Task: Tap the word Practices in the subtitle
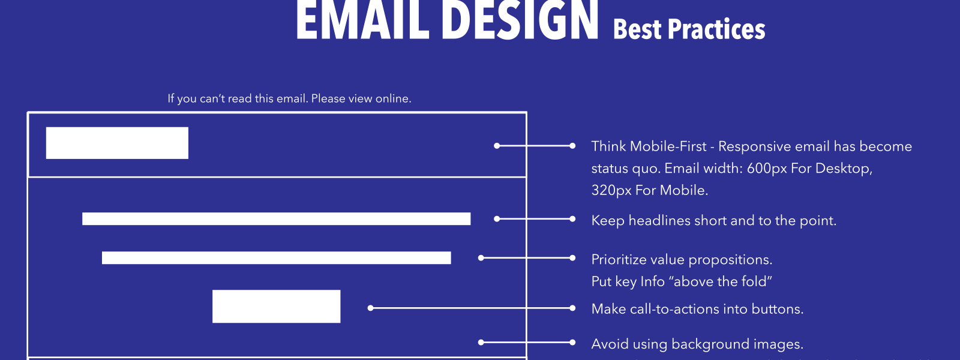coord(716,29)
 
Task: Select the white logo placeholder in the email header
coord(117,143)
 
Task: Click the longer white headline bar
coord(277,218)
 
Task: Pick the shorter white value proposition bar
coord(277,257)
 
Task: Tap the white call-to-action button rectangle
coord(277,307)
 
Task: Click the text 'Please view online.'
coord(361,98)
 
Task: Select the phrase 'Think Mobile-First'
coord(649,146)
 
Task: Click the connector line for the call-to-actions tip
coord(472,308)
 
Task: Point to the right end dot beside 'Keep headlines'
coord(572,219)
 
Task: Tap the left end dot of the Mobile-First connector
coord(497,146)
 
